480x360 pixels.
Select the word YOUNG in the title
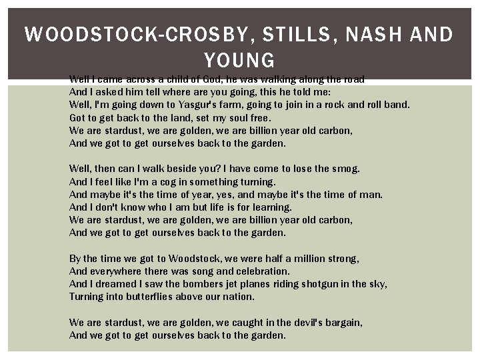239,61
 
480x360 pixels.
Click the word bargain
343,323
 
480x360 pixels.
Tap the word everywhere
114,271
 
